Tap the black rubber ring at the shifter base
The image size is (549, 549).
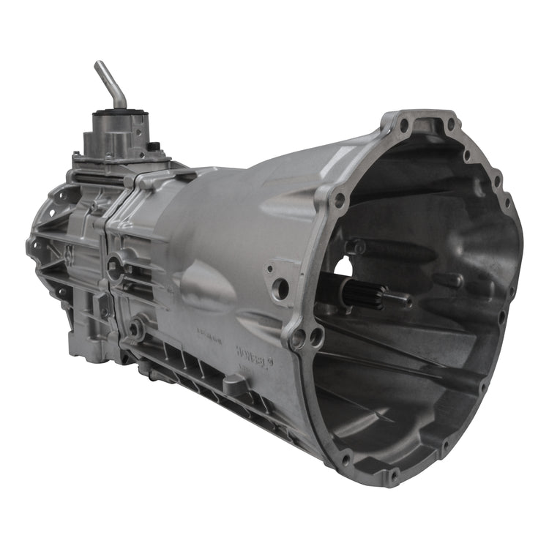[119, 116]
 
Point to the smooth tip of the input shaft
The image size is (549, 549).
[399, 299]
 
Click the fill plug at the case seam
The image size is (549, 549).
[115, 267]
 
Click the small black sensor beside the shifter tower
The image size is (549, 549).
[153, 146]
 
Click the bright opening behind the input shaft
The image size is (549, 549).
[344, 268]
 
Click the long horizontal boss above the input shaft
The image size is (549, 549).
[381, 249]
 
